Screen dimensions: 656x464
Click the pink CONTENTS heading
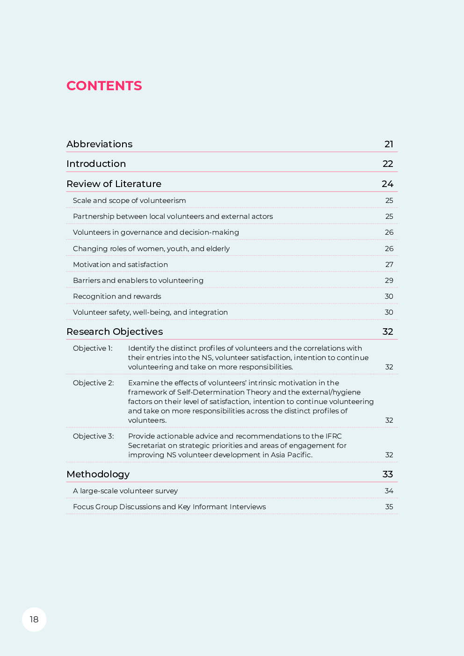pyautogui.click(x=104, y=86)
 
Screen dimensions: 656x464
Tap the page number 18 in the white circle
pyautogui.click(x=34, y=620)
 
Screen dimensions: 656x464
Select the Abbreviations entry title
pyautogui.click(x=99, y=144)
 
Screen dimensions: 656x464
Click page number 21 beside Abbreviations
pyautogui.click(x=389, y=144)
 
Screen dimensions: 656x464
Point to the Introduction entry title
pyautogui.click(x=96, y=164)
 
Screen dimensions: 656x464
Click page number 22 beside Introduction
pyautogui.click(x=388, y=164)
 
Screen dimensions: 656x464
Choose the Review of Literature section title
pyautogui.click(x=114, y=184)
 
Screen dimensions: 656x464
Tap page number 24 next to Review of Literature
pyautogui.click(x=387, y=184)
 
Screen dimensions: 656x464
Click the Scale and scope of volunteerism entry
pyautogui.click(x=129, y=201)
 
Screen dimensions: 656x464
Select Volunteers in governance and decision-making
pyautogui.click(x=156, y=232)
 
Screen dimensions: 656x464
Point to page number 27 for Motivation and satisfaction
pyautogui.click(x=389, y=265)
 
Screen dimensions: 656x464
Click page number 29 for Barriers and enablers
pyautogui.click(x=389, y=281)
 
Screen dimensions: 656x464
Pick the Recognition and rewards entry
pyautogui.click(x=117, y=296)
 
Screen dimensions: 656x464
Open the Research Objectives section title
pyautogui.click(x=115, y=332)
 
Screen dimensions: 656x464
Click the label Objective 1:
pyautogui.click(x=93, y=348)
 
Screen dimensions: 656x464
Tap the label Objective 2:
pyautogui.click(x=93, y=383)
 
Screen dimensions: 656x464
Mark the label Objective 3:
pyautogui.click(x=93, y=436)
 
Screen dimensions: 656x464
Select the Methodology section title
pyautogui.click(x=98, y=475)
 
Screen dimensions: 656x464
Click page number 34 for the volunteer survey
pyautogui.click(x=389, y=491)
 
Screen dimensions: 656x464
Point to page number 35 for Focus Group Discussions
pyautogui.click(x=389, y=507)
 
